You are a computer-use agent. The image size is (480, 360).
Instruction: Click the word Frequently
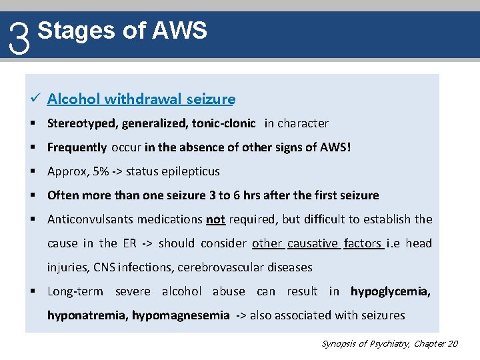click(x=77, y=147)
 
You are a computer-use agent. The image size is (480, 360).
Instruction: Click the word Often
click(x=62, y=195)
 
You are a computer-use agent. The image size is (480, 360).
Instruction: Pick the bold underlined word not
click(x=215, y=219)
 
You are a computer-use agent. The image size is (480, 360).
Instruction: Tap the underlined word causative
click(x=313, y=243)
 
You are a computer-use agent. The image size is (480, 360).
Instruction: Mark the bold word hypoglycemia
click(x=390, y=291)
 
